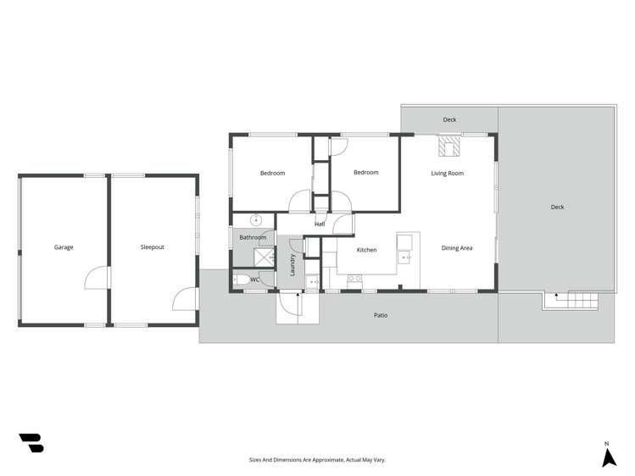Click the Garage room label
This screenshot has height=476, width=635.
pos(64,247)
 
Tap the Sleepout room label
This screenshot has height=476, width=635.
pos(153,247)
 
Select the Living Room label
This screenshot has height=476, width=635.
pos(448,174)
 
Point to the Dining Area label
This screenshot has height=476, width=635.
pos(457,248)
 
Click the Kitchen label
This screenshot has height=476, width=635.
pos(366,250)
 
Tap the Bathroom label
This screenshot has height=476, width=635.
pos(253,238)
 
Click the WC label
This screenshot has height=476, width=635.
pos(254,280)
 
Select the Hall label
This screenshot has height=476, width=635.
pos(320,224)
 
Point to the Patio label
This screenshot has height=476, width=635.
pos(382,315)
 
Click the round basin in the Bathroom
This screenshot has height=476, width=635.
pos(255,219)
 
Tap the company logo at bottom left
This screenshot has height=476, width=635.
pos(31,442)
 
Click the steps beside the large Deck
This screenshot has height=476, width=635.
pos(582,299)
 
